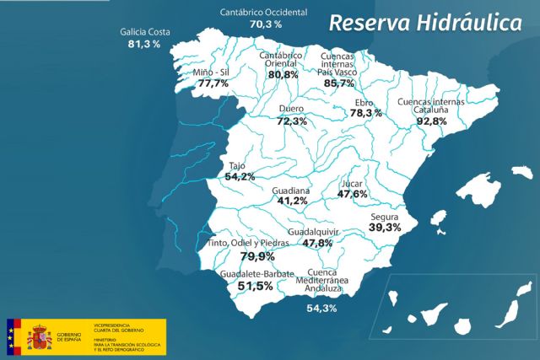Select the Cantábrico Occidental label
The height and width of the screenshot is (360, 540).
pos(262,13)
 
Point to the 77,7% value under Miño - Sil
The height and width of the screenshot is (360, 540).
pos(211,83)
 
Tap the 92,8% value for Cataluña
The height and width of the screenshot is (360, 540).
pos(430,121)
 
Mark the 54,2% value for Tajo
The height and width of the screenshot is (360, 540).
pos(240,177)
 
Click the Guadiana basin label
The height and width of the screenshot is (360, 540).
pos(292,191)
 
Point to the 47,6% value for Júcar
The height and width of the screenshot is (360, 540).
pos(352,194)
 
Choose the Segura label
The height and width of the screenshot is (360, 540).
pos(384,215)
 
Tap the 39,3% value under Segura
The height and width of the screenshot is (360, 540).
pos(385,227)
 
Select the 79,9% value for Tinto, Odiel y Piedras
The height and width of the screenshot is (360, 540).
pos(257,256)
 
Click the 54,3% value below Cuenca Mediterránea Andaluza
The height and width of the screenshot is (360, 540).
pos(321,309)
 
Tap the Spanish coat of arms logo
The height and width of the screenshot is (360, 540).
pos(40,338)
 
